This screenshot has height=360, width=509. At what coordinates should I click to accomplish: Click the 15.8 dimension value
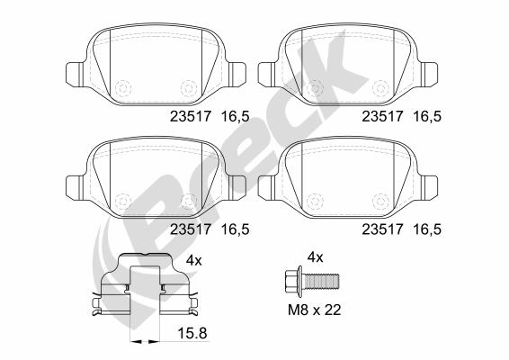coord(192,334)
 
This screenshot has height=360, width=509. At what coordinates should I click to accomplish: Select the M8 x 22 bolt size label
coord(315,310)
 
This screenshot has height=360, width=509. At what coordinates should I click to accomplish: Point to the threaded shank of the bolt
coord(321,282)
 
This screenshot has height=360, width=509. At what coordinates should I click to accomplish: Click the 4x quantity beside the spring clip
coord(194,261)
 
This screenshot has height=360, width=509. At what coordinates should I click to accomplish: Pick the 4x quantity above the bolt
coord(316,257)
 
